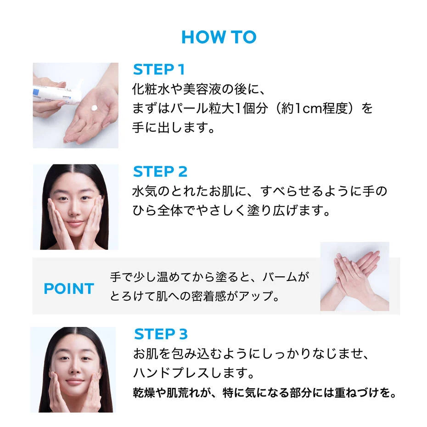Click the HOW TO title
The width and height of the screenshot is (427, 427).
click(219, 37)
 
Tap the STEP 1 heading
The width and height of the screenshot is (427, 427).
click(159, 69)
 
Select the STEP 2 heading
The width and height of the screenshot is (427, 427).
click(160, 172)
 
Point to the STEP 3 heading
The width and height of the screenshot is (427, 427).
click(161, 334)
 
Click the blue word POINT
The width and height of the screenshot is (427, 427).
click(69, 289)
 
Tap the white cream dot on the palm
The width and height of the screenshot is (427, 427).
click(94, 108)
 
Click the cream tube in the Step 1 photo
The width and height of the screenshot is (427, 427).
click(56, 93)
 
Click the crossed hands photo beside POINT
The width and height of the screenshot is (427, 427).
click(354, 276)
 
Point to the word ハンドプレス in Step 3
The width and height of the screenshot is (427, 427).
click(172, 373)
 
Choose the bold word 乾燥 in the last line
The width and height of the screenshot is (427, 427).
click(144, 393)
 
